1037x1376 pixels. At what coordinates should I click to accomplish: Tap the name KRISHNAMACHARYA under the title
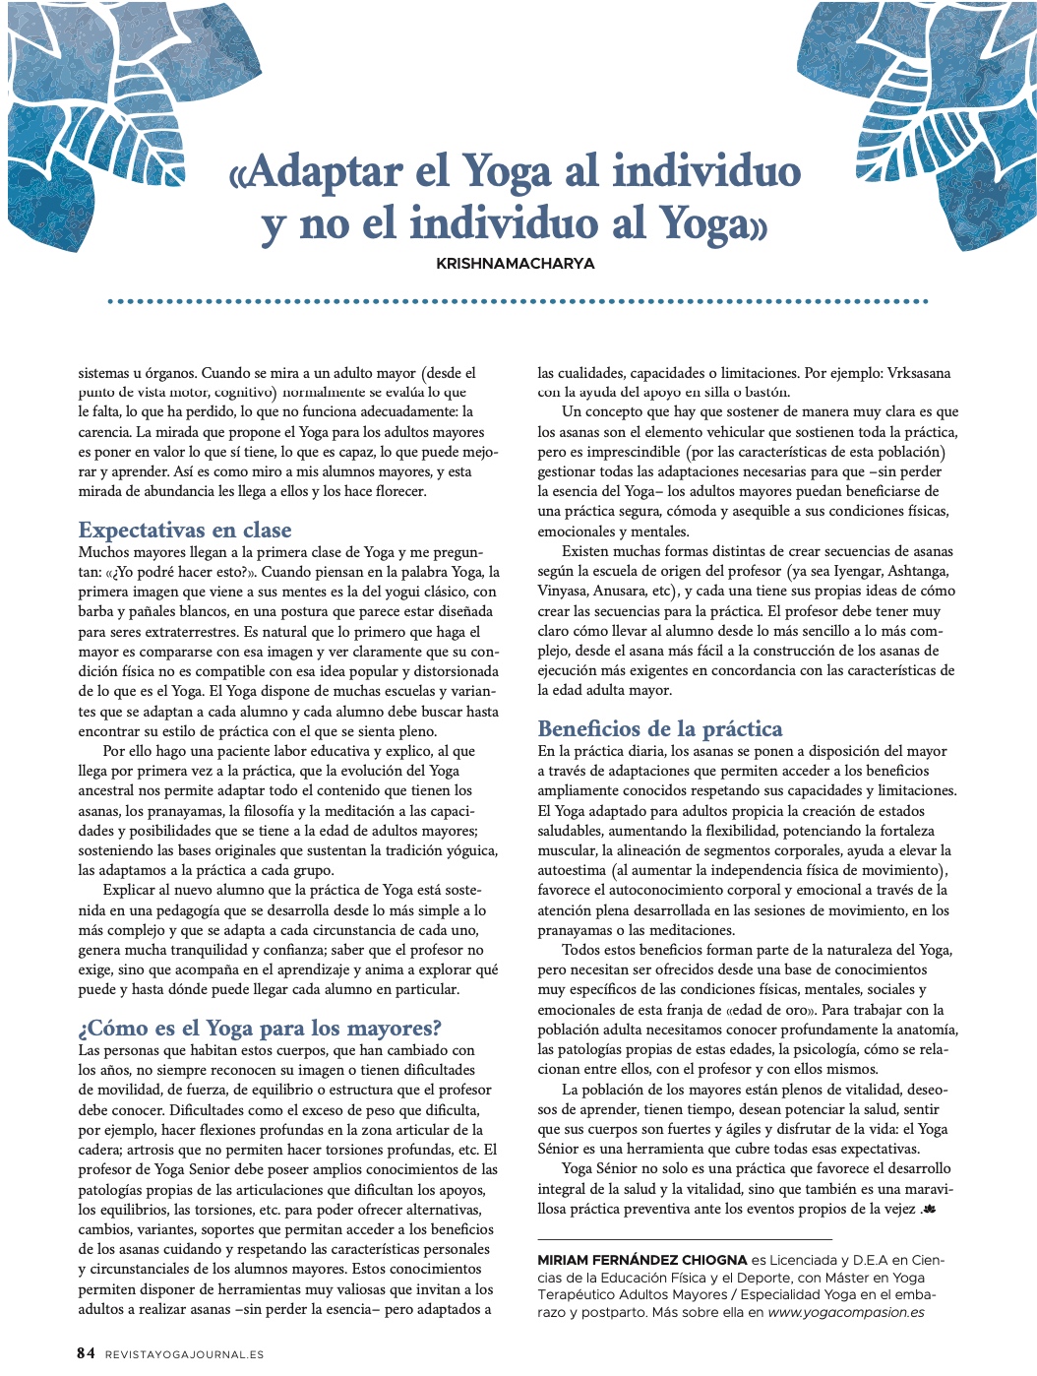[x=515, y=263]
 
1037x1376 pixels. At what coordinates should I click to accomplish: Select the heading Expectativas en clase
[x=185, y=530]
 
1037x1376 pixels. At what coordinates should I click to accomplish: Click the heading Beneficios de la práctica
[x=659, y=728]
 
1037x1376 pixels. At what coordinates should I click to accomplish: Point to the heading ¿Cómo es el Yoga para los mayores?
[x=260, y=1028]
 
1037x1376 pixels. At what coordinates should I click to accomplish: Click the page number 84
[x=87, y=1353]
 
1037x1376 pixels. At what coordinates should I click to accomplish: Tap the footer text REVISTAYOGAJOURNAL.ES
[x=184, y=1354]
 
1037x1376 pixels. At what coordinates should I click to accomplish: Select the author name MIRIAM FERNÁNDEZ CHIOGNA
[x=641, y=1260]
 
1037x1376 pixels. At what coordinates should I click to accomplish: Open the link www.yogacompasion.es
[x=845, y=1312]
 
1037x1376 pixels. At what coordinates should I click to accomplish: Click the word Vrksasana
[x=918, y=373]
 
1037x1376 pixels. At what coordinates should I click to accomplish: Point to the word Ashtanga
[x=919, y=571]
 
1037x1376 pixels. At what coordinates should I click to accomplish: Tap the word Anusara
[x=619, y=591]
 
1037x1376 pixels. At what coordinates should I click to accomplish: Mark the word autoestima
[x=571, y=870]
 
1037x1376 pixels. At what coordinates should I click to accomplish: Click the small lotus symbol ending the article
[x=929, y=1210]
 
